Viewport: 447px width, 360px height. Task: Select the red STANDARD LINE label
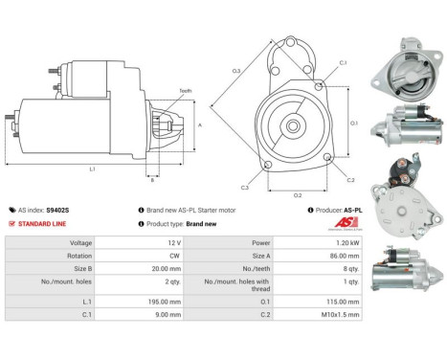click(x=44, y=223)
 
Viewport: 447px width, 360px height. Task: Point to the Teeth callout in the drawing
click(x=185, y=90)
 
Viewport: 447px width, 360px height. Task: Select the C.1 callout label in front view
click(x=342, y=63)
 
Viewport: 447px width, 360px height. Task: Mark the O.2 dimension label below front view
click(x=298, y=195)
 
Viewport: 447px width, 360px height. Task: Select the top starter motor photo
click(x=405, y=74)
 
